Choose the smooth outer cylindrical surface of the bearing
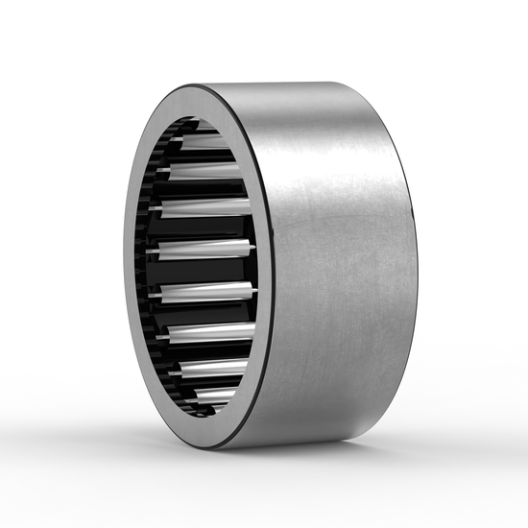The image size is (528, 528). click(x=346, y=269)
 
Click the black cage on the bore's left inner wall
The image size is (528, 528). click(x=144, y=269)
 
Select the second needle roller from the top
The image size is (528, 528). click(x=200, y=170)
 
